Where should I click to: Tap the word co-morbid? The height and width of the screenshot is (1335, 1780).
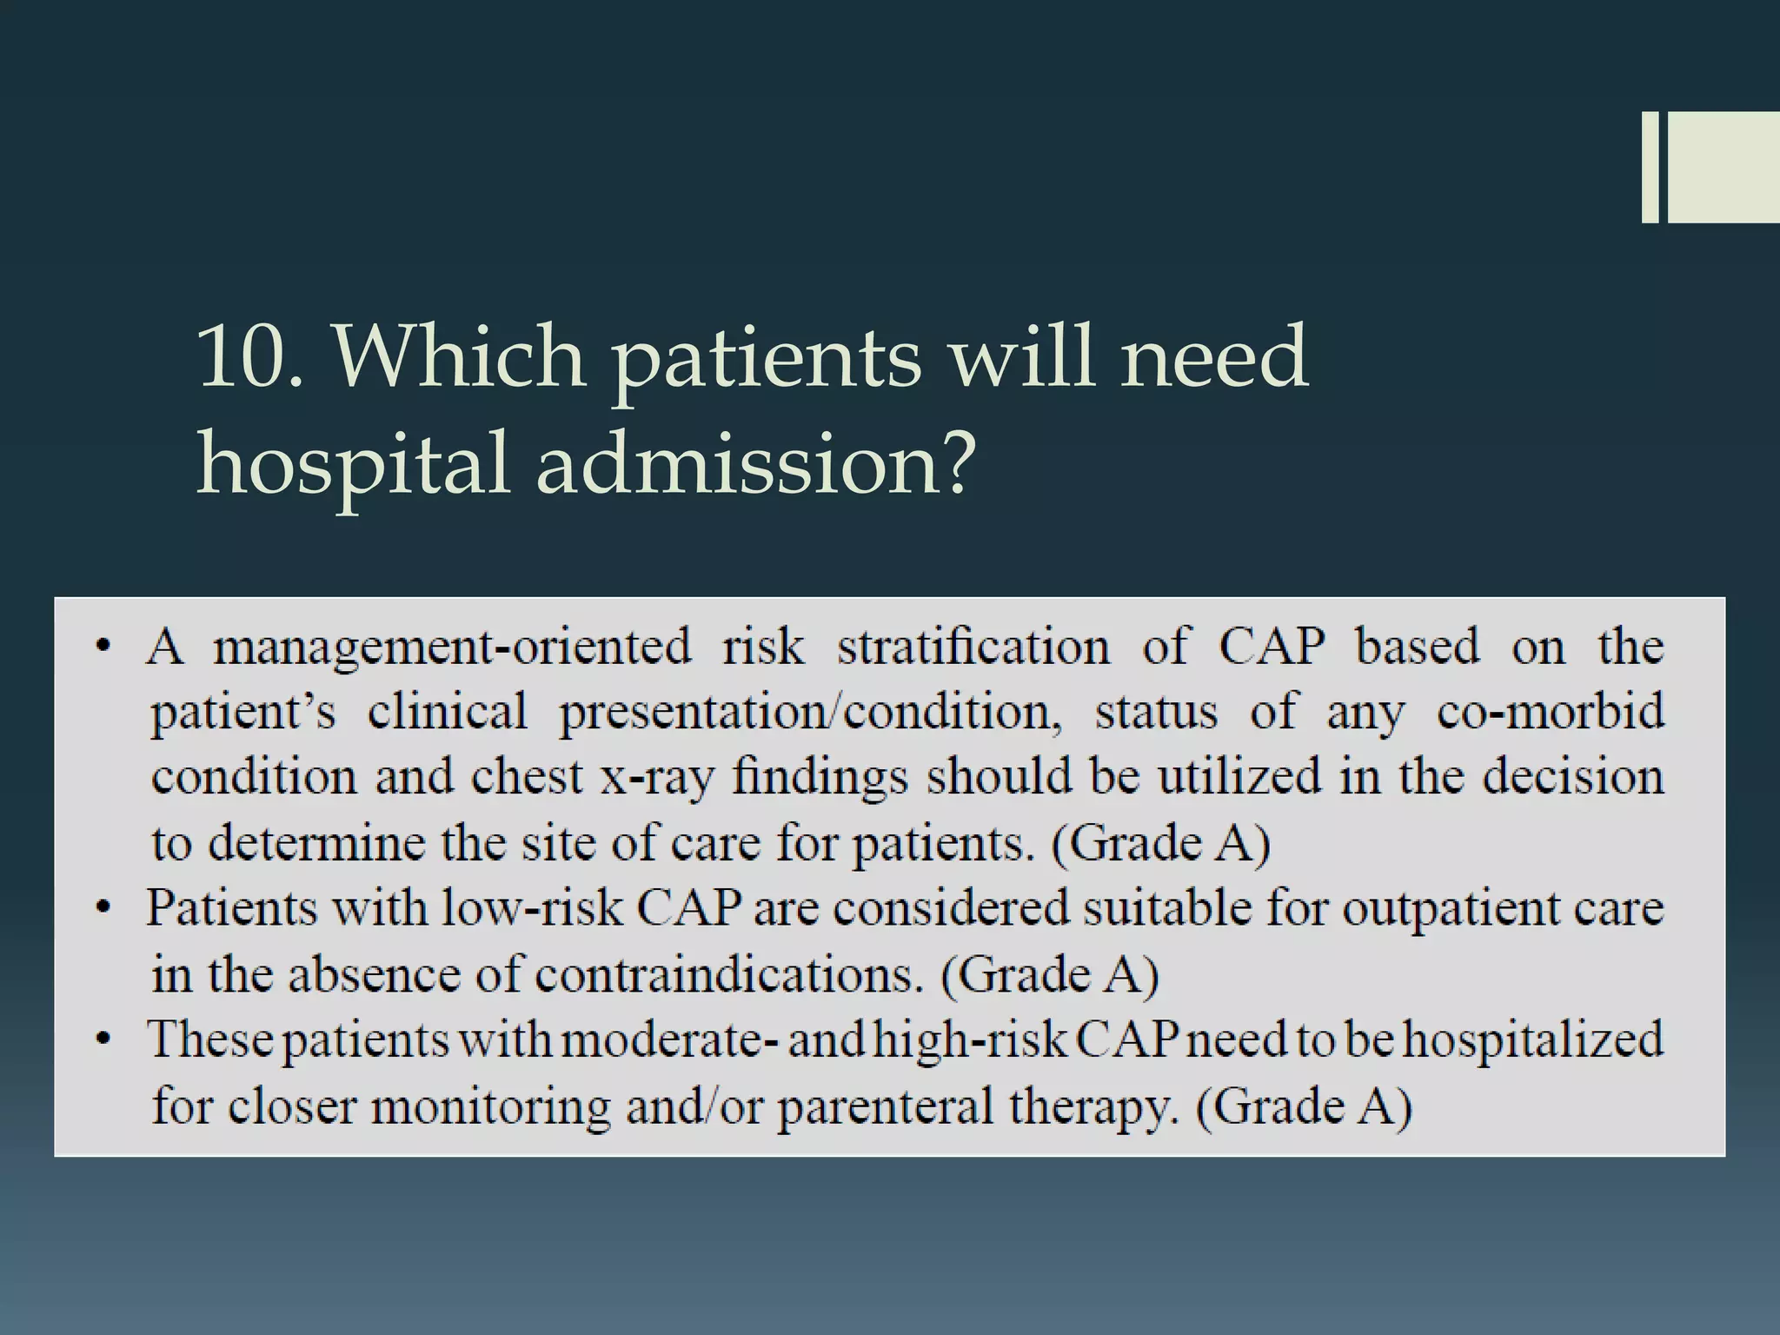pyautogui.click(x=1551, y=712)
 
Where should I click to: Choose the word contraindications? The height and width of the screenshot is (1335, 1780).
pyautogui.click(x=727, y=975)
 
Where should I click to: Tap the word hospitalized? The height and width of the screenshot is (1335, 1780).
pyautogui.click(x=1533, y=1040)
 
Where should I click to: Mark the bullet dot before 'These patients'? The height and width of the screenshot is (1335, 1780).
pyautogui.click(x=103, y=1040)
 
